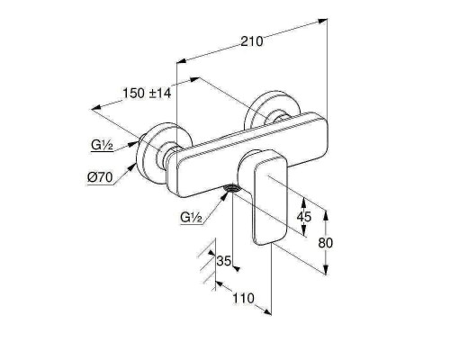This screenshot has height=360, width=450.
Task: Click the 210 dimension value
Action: click(x=252, y=41)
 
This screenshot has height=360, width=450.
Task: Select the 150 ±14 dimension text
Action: click(x=147, y=93)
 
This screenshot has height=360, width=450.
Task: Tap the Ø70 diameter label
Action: click(x=100, y=177)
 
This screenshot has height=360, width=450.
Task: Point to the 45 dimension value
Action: click(x=304, y=216)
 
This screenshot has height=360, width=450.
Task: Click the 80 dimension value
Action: click(x=326, y=242)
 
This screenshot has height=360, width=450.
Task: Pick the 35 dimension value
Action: click(x=224, y=261)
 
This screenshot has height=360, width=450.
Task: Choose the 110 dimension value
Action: click(x=243, y=298)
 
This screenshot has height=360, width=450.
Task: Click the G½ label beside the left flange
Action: click(x=102, y=145)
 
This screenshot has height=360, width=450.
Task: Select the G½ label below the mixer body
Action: click(x=191, y=217)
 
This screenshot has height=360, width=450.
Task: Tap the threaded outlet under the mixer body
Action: click(x=232, y=188)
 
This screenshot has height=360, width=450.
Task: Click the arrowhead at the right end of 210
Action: click(x=322, y=21)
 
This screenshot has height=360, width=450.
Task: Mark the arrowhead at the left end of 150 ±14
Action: click(x=96, y=107)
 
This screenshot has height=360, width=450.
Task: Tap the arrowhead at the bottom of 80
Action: click(x=326, y=269)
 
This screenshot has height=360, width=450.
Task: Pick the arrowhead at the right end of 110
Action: click(x=266, y=312)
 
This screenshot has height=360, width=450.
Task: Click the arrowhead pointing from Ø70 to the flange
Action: click(x=132, y=166)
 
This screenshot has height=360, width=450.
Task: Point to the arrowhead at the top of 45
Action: click(x=304, y=202)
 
